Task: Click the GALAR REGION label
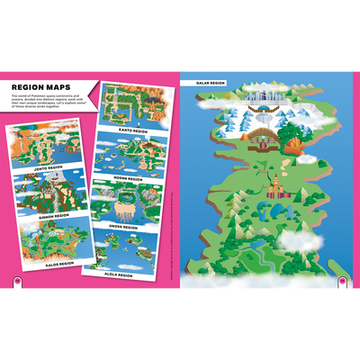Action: point(204,83)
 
